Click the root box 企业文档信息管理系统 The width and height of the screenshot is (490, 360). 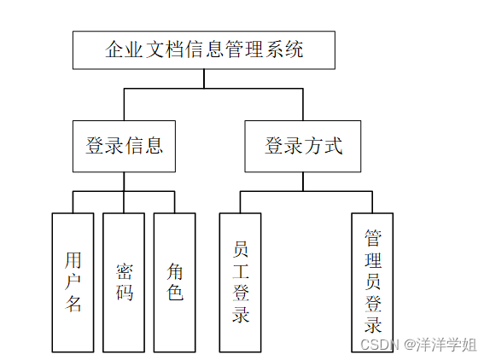203,49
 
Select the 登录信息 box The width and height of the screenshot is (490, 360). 124,146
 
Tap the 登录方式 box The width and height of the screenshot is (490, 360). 303,146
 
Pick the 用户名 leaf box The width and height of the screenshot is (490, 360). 73,282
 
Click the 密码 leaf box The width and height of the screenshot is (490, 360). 124,282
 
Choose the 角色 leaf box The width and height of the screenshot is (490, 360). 175,282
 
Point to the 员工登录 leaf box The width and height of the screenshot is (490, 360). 240,282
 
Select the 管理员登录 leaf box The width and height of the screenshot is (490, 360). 372,282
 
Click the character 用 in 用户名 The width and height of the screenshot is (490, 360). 73,259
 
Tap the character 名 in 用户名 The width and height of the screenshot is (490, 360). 73,304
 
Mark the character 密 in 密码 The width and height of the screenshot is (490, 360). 125,271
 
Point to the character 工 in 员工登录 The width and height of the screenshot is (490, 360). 241,271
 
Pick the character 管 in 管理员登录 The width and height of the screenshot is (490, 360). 373,236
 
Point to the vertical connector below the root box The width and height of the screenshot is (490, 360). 204,78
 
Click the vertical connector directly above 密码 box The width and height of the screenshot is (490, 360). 124,202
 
